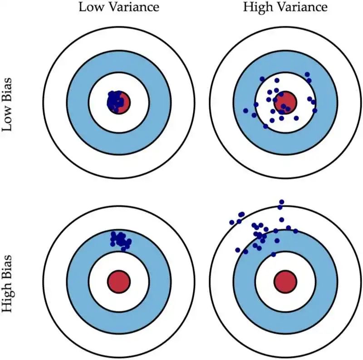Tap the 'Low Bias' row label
(x=8, y=104)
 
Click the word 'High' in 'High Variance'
(x=255, y=8)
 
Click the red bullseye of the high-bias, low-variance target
(x=119, y=281)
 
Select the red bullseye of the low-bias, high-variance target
(x=285, y=101)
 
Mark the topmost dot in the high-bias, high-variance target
(x=282, y=202)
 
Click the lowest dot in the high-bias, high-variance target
(x=273, y=254)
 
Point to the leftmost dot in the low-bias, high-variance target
(x=246, y=110)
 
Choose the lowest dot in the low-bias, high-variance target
(x=265, y=126)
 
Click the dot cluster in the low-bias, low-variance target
(x=115, y=101)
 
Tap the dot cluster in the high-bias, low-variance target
(x=120, y=239)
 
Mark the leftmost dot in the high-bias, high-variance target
(x=232, y=222)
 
